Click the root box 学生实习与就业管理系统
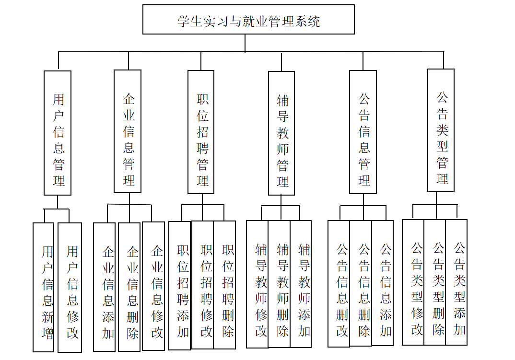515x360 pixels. (x=248, y=20)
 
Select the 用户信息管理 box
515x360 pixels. (x=58, y=133)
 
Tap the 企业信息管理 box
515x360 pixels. (x=128, y=131)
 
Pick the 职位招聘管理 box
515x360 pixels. (x=201, y=132)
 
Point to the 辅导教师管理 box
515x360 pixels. (x=281, y=133)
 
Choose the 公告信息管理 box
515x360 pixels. (x=363, y=132)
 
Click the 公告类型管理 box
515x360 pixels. (x=441, y=130)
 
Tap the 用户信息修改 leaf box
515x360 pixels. (x=70, y=287)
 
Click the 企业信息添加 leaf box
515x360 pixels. (x=105, y=287)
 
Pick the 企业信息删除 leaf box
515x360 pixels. (x=129, y=287)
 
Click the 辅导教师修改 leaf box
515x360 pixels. (x=257, y=284)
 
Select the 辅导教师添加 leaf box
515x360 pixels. (x=301, y=284)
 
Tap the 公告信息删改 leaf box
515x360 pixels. (x=339, y=283)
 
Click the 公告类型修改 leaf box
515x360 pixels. (x=413, y=282)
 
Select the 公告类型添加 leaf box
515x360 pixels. (x=456, y=282)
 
